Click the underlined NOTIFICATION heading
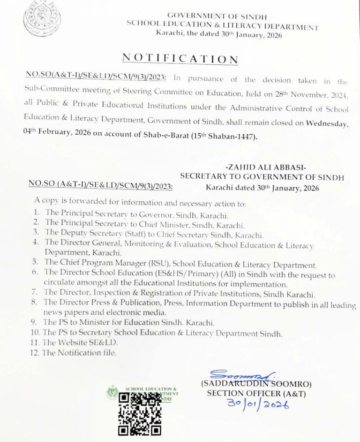[180, 58]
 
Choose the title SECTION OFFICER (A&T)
[256, 393]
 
